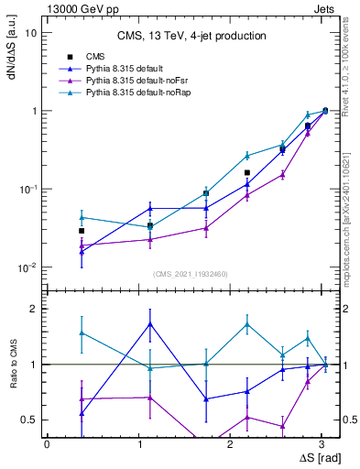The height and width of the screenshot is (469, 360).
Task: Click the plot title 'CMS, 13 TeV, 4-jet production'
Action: point(191,37)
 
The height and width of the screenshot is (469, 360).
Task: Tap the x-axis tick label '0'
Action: point(48,443)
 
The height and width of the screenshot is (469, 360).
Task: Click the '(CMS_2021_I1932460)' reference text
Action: point(190,274)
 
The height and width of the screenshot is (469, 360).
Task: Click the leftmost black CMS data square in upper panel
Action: point(82,231)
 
